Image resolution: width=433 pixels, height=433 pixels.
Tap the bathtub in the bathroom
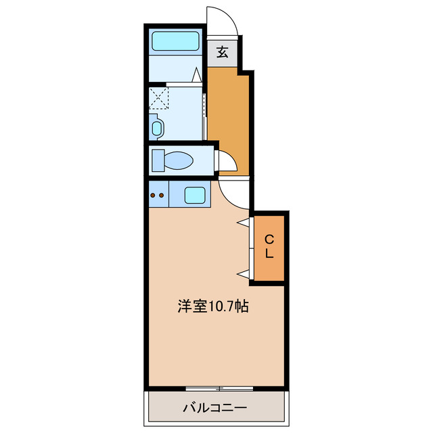click(x=175, y=41)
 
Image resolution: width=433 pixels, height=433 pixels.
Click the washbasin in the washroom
click(x=156, y=127)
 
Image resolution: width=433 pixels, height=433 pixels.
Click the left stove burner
click(x=153, y=196)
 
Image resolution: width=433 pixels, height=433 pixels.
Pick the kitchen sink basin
click(x=196, y=195)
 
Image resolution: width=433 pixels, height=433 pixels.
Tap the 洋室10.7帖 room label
click(x=213, y=306)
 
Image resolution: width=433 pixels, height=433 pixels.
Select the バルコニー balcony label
click(x=214, y=408)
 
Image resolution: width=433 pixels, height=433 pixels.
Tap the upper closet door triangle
click(x=242, y=222)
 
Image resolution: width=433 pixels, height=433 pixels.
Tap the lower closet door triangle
click(x=242, y=273)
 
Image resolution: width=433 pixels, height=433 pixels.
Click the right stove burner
click(x=162, y=196)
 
